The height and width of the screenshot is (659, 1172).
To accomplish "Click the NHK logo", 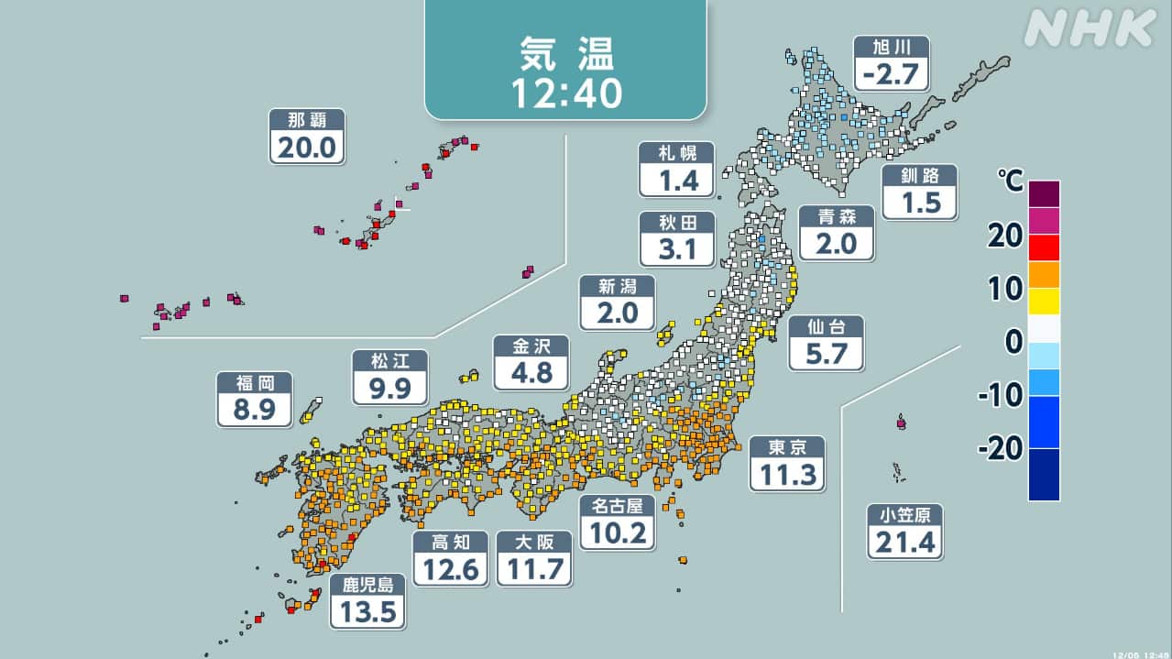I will (x=1090, y=28).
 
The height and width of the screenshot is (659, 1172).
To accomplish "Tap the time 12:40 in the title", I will (x=564, y=91).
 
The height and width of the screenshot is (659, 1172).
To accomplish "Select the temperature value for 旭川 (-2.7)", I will (x=891, y=73).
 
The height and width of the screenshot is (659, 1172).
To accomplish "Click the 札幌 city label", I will (x=676, y=152).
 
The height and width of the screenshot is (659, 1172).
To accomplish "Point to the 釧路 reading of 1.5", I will (x=920, y=202).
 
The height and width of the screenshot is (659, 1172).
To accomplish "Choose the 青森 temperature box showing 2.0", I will (x=836, y=243).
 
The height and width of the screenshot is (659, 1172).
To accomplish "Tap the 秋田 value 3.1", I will (x=677, y=248).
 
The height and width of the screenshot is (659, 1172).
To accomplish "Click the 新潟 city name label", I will (x=617, y=286).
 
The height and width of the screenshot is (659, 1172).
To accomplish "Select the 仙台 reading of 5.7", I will (x=826, y=353).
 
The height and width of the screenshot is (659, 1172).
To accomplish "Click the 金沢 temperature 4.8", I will (x=531, y=372).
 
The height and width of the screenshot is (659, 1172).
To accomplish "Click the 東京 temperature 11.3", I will (x=786, y=474).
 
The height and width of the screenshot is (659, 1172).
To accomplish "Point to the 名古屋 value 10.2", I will (x=617, y=532).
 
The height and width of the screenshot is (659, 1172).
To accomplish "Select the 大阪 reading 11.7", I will (x=533, y=569).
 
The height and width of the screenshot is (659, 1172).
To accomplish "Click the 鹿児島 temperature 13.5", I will (x=367, y=610).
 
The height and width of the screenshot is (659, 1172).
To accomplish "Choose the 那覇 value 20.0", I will (x=306, y=147).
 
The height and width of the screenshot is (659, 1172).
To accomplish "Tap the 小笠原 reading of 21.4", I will (x=904, y=542).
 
